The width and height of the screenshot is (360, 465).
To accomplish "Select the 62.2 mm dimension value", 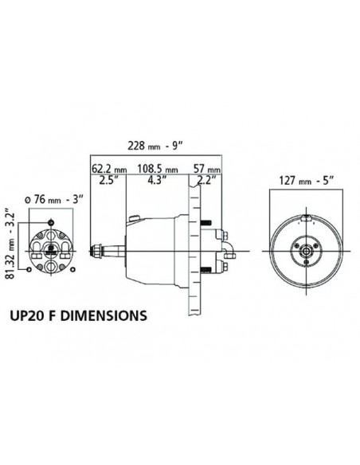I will (109, 170).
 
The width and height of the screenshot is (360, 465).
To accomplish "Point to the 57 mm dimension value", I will (208, 170).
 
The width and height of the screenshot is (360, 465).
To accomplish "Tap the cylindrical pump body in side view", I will (155, 243).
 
